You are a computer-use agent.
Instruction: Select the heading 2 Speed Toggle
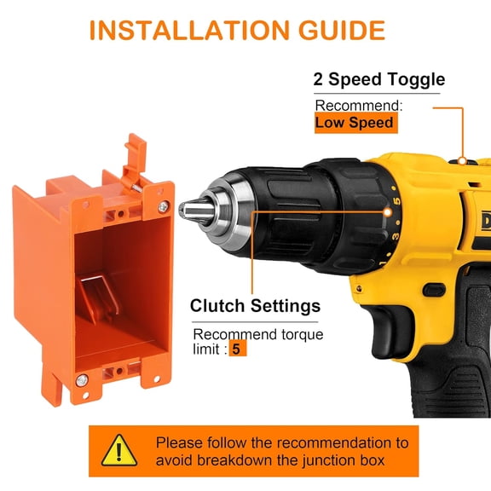[x=379, y=81]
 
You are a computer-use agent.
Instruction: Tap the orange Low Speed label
[x=355, y=123]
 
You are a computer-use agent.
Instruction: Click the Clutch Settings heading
[x=255, y=305]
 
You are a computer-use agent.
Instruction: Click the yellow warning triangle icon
[x=119, y=450]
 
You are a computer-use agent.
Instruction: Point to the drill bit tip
[x=184, y=206]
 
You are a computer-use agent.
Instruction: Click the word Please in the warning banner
[x=180, y=442]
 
